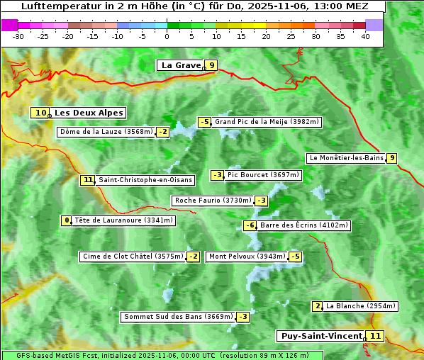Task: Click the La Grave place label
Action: (181, 65)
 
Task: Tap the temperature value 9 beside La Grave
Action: (211, 65)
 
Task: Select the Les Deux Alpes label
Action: (89, 113)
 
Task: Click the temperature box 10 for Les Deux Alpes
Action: (41, 113)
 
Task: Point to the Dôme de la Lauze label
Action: (106, 132)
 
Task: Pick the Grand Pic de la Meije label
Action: (267, 122)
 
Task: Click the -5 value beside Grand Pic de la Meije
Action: (205, 122)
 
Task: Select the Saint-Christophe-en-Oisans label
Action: (145, 180)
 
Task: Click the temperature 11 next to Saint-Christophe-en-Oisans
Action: (88, 180)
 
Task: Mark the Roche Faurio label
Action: (213, 201)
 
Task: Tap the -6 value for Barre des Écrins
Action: (250, 225)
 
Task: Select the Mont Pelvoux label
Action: (247, 257)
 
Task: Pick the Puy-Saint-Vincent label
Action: (321, 336)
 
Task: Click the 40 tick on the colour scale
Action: (365, 36)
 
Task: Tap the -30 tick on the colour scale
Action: (18, 36)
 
